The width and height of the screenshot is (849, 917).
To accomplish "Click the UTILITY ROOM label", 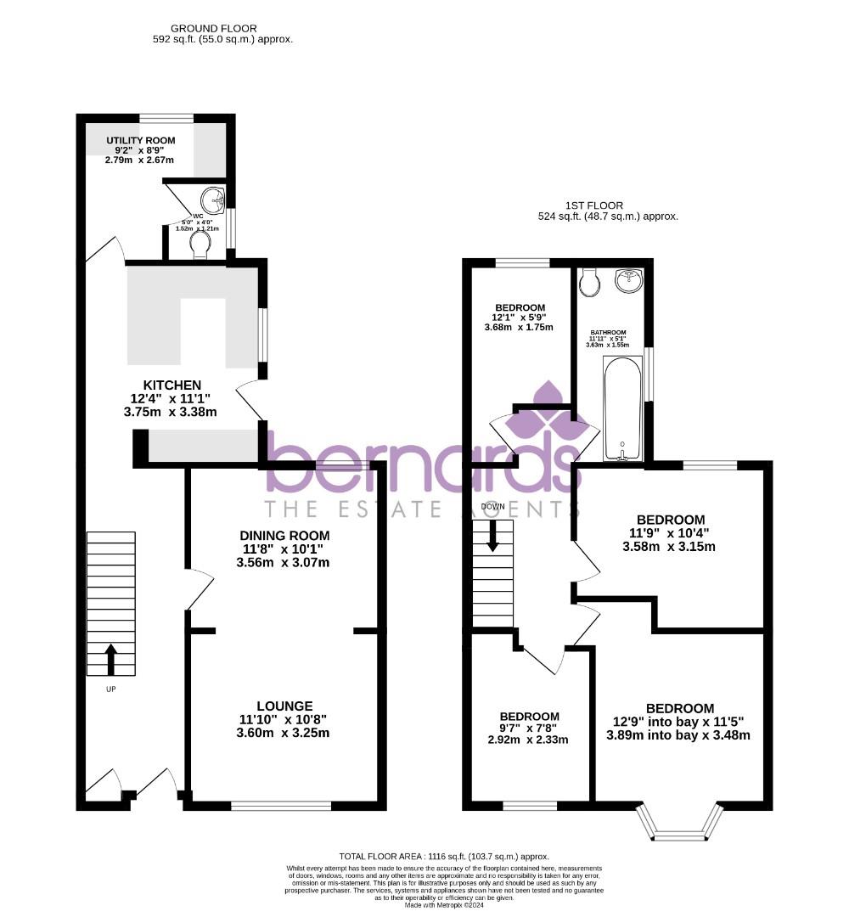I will point(141,140).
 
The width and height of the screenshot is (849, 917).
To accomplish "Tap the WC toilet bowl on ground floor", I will point(200,245).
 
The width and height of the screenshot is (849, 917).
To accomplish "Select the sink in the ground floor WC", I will point(212,201).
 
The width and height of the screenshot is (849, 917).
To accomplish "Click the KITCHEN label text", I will point(171,385).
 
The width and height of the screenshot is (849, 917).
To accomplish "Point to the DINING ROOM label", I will point(284,536).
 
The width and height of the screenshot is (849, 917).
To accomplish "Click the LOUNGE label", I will point(285,706).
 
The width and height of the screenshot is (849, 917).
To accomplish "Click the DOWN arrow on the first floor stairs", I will point(492,537).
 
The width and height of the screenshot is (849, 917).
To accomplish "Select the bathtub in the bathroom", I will point(623,408).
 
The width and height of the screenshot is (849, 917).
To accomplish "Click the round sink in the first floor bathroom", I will point(628,280).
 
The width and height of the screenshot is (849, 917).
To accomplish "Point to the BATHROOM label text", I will point(609,332).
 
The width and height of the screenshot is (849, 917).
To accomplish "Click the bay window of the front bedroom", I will point(680,827).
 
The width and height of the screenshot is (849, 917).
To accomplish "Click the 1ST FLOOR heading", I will point(594,205).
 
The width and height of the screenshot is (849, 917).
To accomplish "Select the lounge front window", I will point(281,805).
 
